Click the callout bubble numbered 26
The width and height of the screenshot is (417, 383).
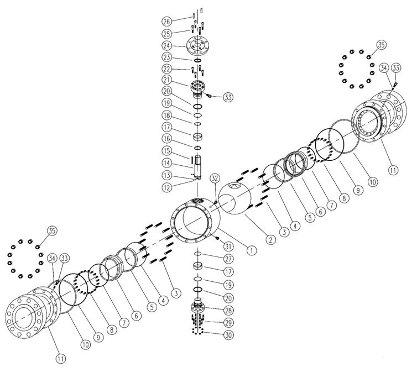pos(167,21)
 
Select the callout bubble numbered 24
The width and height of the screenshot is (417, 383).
pos(167,46)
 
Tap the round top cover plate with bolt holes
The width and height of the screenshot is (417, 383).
pos(198,46)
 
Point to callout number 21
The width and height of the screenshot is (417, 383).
pos(167,80)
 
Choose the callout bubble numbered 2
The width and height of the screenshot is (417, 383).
pos(271,240)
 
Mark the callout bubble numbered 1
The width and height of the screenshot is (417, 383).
pos(252,250)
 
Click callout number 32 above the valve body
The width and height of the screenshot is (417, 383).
pos(215,179)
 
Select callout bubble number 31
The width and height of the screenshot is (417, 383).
pos(228,246)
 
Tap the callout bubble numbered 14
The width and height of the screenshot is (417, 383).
pos(167,163)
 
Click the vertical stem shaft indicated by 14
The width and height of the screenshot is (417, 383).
pos(198,167)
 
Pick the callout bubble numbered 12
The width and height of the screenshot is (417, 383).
pos(167,187)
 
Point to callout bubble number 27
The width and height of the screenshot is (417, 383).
pos(228,259)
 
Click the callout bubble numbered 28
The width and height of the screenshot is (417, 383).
pos(228,310)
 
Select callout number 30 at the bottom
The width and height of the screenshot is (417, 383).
pos(228,335)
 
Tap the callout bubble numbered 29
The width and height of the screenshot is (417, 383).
pos(228,323)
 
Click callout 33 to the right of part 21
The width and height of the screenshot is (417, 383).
pos(228,97)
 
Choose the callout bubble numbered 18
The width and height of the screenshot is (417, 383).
pos(167,116)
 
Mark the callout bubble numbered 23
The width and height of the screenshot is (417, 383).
pos(167,57)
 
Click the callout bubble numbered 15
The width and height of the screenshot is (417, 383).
pos(167,151)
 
